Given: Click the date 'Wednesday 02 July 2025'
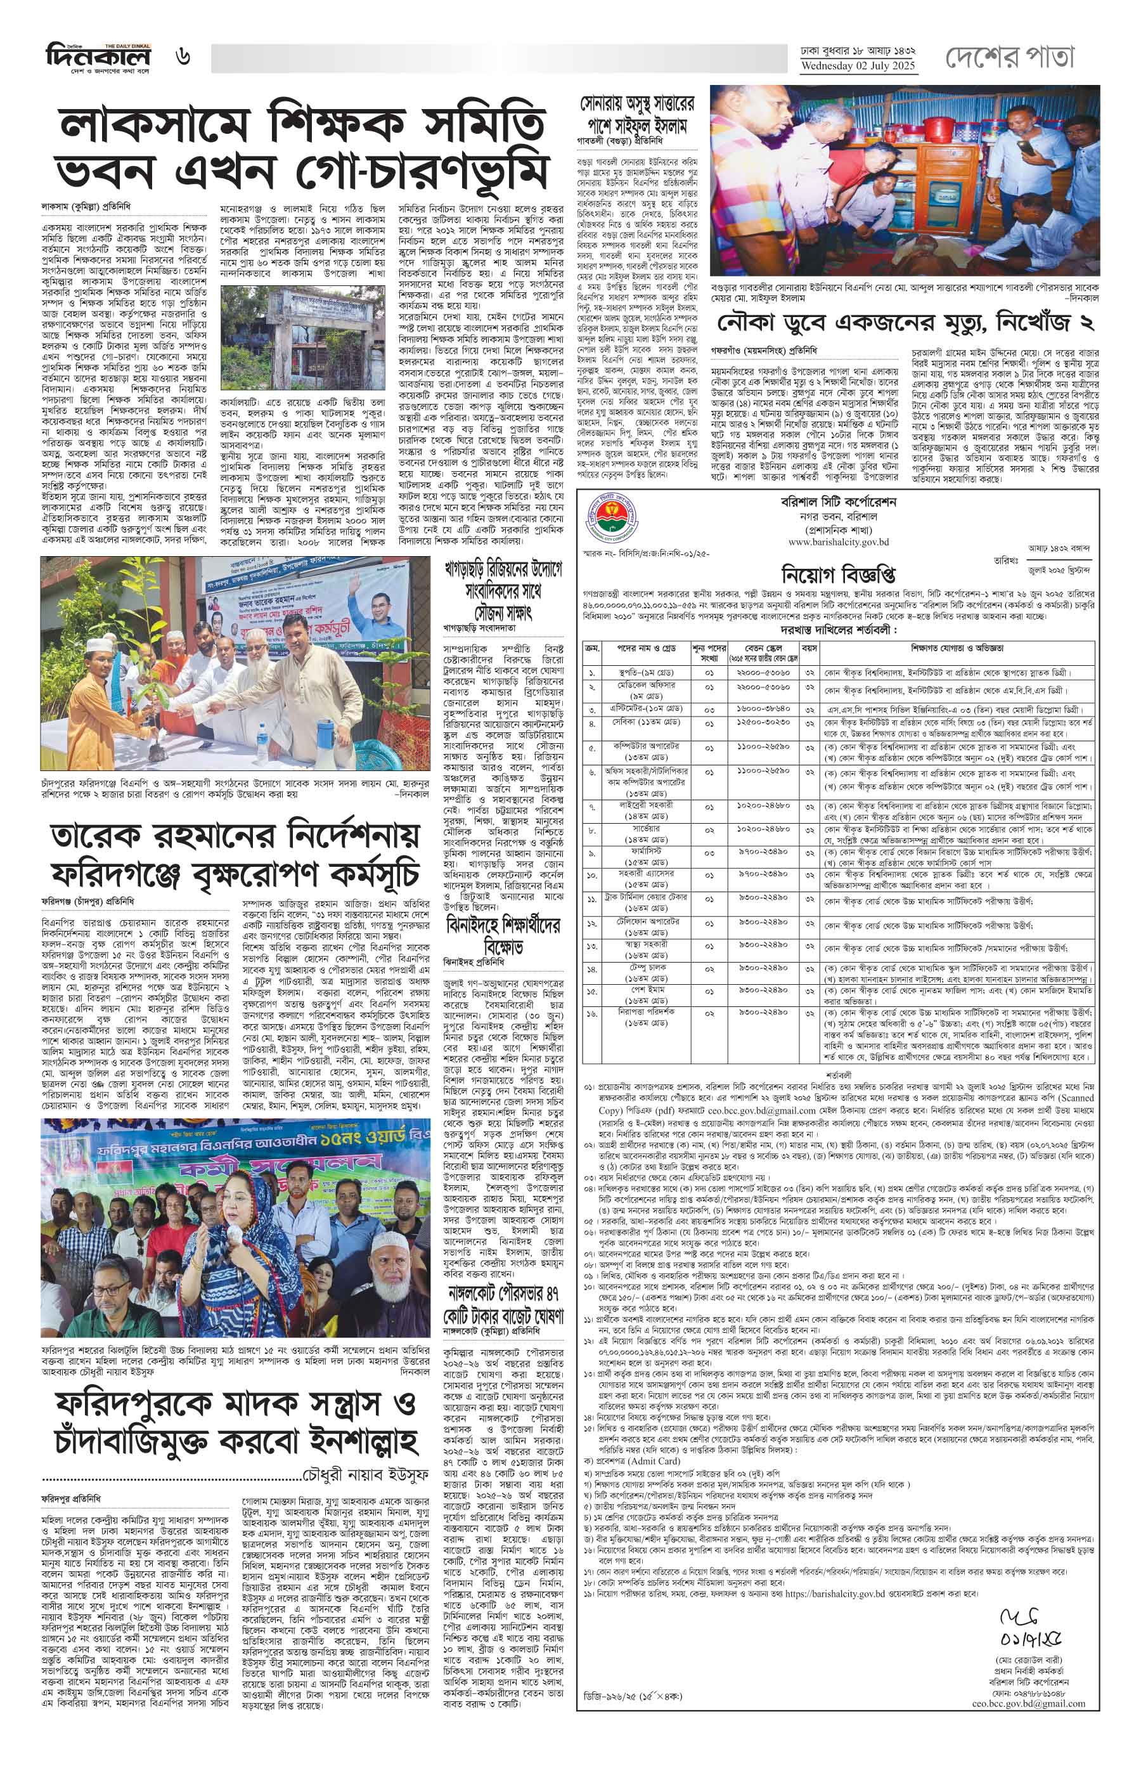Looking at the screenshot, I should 857,66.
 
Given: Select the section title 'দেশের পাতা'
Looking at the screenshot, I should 1009,57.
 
